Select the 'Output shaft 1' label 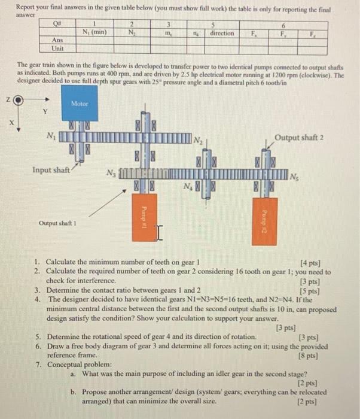click(x=56, y=223)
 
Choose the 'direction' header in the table click(x=222, y=34)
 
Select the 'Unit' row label click(x=59, y=49)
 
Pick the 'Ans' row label click(x=59, y=41)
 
